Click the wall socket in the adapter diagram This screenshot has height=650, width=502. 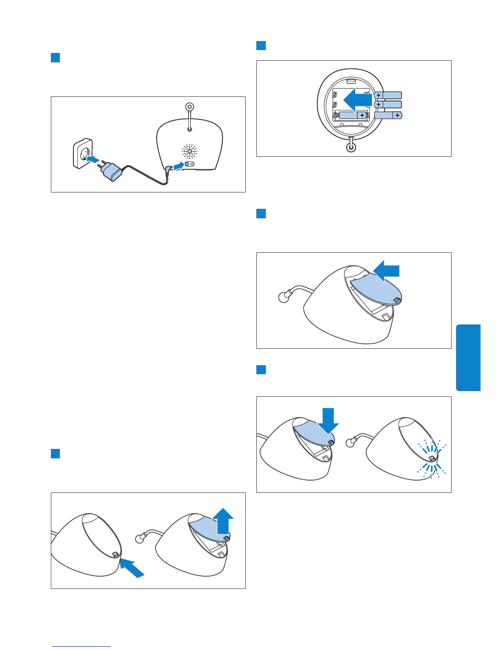(83, 153)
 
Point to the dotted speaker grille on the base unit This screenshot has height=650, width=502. (189, 151)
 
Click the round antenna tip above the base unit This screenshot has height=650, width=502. (189, 107)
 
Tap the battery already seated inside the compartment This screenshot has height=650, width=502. (351, 116)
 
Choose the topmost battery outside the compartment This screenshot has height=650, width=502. (388, 95)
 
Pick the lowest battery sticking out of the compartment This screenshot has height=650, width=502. (388, 116)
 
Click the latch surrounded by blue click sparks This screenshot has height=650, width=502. (431, 458)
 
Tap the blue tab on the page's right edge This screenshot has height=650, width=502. (468, 357)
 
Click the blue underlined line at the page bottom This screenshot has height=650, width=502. (82, 646)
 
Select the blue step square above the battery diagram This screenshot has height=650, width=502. (261, 45)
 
